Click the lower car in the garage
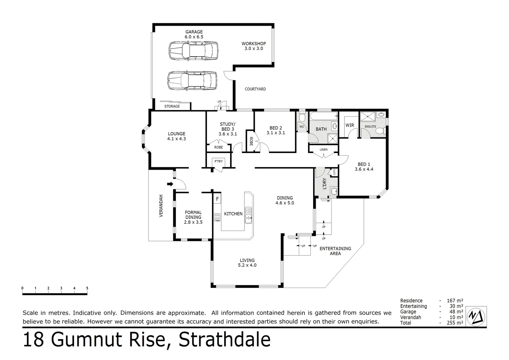(x=192, y=81)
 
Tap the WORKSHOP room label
(x=254, y=44)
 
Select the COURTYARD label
(x=255, y=89)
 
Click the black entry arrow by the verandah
(x=170, y=184)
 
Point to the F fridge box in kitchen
(x=217, y=199)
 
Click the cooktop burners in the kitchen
(x=217, y=217)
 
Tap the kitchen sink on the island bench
(x=248, y=215)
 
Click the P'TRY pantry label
(x=219, y=162)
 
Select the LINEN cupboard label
(x=323, y=150)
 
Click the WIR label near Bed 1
(x=350, y=125)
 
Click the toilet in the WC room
(x=302, y=118)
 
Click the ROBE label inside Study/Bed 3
(x=219, y=147)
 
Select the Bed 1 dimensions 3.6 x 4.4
(x=364, y=169)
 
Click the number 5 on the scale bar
(x=87, y=288)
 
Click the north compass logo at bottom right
(x=476, y=315)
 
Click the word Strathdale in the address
(x=225, y=340)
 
